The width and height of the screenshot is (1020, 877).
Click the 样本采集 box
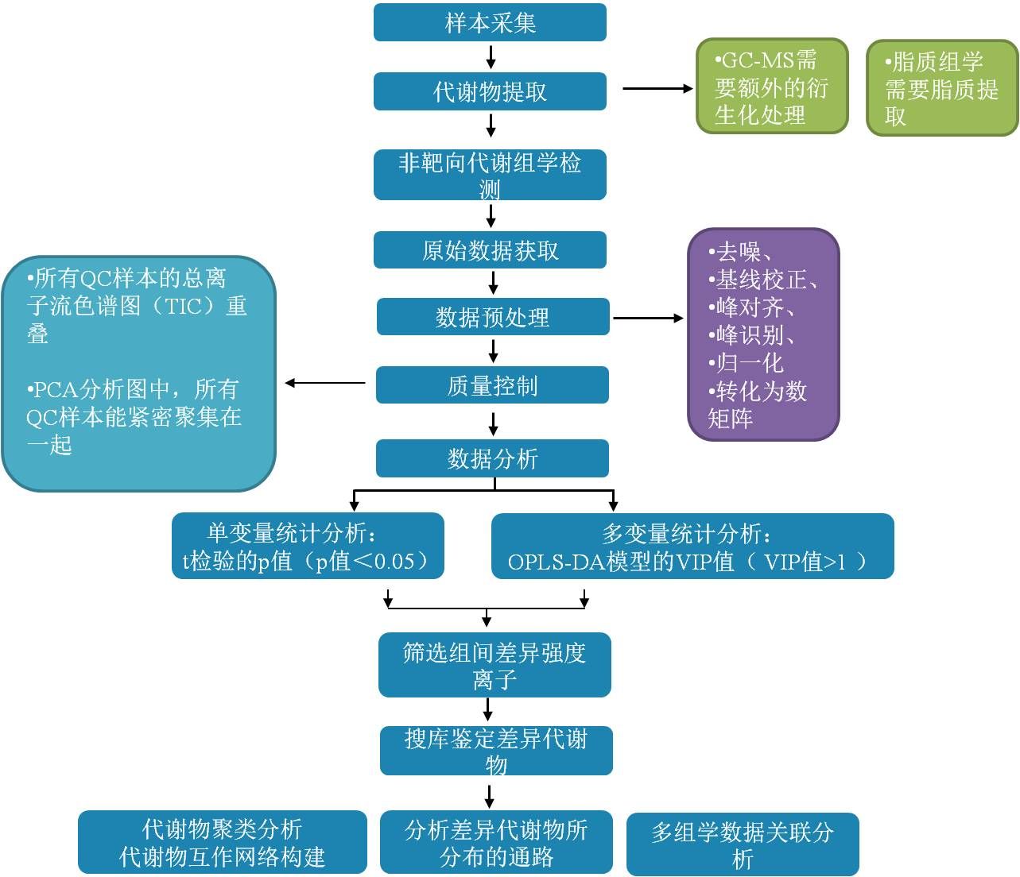(490, 22)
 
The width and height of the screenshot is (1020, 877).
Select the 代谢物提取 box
(490, 91)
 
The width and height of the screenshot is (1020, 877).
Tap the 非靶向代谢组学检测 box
(490, 175)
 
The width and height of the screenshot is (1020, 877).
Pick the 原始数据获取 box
(490, 250)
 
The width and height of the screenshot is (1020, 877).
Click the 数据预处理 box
(493, 317)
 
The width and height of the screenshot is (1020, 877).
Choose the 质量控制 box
(492, 385)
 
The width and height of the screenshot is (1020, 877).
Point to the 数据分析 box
(492, 458)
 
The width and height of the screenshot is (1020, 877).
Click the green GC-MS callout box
(772, 86)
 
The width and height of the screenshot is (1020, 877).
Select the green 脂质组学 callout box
(942, 87)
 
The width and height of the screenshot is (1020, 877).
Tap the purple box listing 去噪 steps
(763, 334)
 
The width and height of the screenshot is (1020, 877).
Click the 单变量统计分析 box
(308, 546)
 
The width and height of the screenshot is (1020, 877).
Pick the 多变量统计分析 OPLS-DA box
(692, 546)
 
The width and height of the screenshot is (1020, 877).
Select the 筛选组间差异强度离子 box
(494, 665)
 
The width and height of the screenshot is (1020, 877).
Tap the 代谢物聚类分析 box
(223, 842)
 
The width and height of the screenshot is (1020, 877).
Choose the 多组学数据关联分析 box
(743, 844)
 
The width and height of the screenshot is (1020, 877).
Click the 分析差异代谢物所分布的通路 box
(496, 842)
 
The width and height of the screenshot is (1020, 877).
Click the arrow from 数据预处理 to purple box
(647, 319)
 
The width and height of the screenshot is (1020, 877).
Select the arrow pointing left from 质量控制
(326, 383)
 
